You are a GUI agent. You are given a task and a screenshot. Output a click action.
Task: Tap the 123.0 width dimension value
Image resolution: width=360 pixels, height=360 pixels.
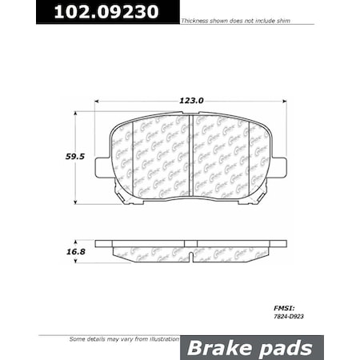pos(191,101)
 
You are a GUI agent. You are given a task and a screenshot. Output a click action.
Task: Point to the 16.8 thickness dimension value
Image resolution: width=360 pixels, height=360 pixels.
pos(54,250)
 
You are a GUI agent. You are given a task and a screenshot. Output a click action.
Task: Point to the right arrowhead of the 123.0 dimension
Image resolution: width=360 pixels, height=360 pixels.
pos(283,101)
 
